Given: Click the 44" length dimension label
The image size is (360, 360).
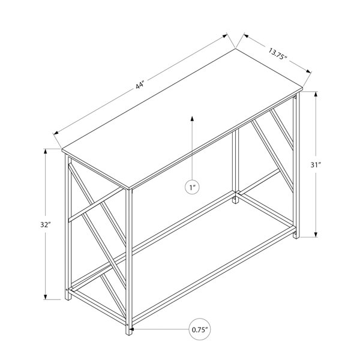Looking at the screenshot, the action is [140, 85].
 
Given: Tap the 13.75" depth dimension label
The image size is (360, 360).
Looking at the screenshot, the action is [278, 54].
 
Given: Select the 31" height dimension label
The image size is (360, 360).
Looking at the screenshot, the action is [316, 164].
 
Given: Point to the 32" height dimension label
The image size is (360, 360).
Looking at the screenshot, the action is [46, 224].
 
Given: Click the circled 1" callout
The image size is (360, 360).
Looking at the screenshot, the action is [192, 187].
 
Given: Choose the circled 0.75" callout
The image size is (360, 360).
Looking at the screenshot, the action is [200, 329].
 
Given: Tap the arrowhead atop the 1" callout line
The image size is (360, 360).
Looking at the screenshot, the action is [192, 118].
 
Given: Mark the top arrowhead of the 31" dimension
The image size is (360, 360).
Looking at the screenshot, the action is [316, 94].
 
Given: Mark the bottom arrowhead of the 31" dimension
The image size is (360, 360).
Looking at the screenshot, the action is [316, 235].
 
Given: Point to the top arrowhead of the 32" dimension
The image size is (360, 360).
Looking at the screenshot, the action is [46, 152].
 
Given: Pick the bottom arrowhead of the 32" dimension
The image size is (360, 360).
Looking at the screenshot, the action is [46, 297].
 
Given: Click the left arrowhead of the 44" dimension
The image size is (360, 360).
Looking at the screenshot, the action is [56, 133].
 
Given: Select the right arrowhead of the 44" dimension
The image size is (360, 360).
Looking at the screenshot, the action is [224, 36].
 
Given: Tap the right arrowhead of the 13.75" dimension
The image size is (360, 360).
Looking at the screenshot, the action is [308, 71].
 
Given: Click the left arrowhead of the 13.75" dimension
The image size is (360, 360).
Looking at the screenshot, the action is [246, 35].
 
